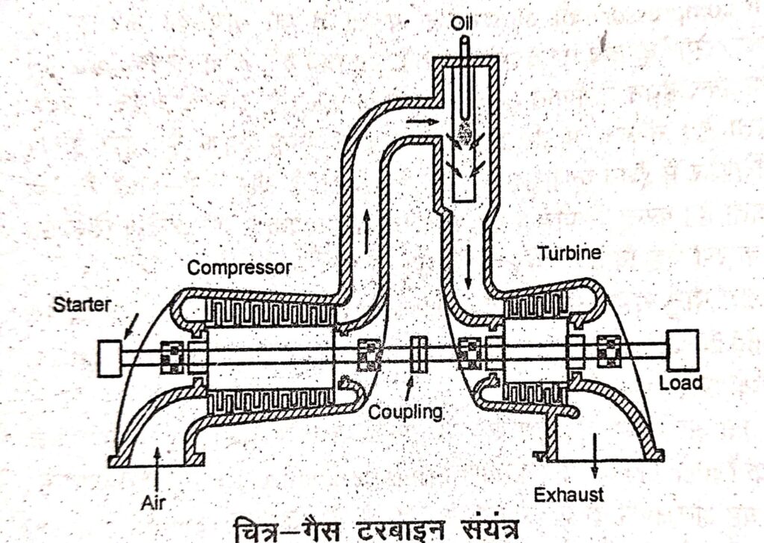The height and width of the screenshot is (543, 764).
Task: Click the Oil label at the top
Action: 462,25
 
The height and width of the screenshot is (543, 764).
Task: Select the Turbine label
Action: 569,254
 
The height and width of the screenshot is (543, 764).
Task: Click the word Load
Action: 681,383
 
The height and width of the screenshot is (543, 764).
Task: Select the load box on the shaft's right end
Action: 683,350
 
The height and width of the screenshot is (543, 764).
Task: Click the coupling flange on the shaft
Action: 419,353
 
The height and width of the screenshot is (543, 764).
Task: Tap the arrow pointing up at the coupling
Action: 409,385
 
